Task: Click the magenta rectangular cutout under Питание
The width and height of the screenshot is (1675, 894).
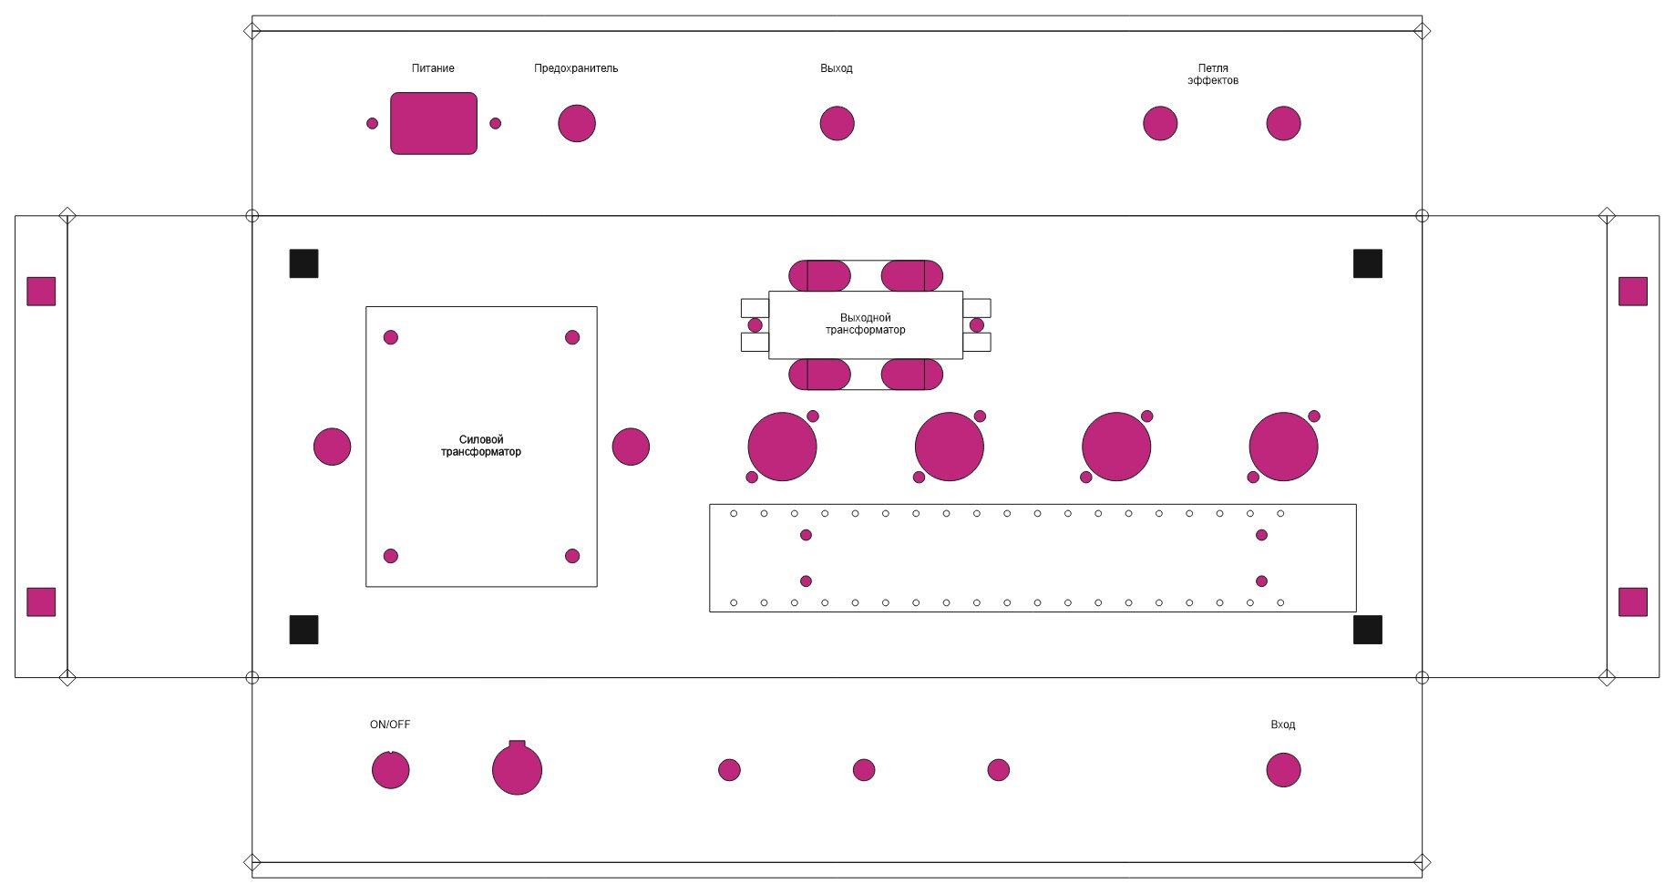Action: coord(433,123)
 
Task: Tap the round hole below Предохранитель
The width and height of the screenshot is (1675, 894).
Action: coord(576,123)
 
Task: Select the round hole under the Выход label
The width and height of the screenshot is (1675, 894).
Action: coord(837,123)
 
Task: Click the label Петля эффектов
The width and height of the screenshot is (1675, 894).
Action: coord(1213,74)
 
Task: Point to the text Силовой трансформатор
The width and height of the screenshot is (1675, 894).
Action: coord(481,446)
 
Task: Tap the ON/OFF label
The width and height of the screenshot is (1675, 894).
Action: coord(390,724)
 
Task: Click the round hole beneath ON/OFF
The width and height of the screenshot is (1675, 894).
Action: coord(390,770)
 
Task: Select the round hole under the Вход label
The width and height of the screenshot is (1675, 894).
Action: coord(1283,770)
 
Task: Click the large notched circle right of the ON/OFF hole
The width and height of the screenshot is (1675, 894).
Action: coord(517,770)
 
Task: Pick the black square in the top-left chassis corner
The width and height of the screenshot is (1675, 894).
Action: coord(303,263)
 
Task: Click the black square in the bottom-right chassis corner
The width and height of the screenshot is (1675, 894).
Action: coord(1367,630)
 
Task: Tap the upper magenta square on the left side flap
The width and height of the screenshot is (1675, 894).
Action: coord(41,291)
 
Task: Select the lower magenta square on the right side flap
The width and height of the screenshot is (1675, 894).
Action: coord(1633,601)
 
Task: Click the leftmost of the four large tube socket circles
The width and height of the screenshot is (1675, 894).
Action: coord(782,447)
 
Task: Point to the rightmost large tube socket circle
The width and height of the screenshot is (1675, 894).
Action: coord(1283,447)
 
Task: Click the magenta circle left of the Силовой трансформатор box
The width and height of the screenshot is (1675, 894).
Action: coord(332,447)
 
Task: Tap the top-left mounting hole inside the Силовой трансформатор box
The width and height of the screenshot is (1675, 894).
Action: coord(391,337)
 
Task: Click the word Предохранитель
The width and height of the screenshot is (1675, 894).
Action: coord(576,68)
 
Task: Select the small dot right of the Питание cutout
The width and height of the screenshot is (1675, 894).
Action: coord(495,123)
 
